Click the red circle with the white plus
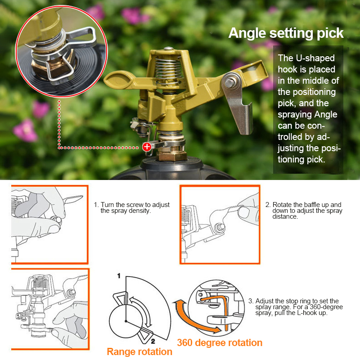tap(147, 147)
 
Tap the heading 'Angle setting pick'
tap(286, 33)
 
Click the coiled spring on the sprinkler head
tap(167, 71)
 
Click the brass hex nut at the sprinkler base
tap(172, 155)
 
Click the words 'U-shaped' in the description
tap(315, 58)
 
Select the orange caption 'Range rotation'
tap(139, 352)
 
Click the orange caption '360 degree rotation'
tap(220, 343)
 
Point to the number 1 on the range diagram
tap(119, 276)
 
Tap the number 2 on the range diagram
tap(153, 342)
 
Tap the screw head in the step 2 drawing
tap(220, 228)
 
